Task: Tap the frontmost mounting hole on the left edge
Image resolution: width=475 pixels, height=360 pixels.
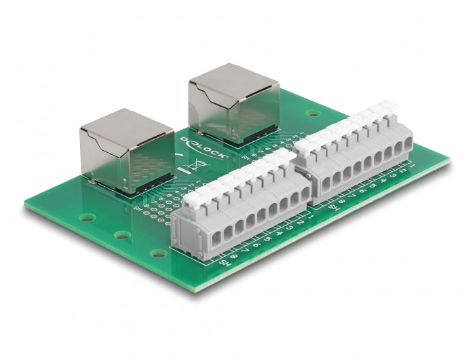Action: [x=158, y=254]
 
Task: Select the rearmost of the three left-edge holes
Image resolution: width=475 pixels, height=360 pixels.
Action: [x=86, y=219]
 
